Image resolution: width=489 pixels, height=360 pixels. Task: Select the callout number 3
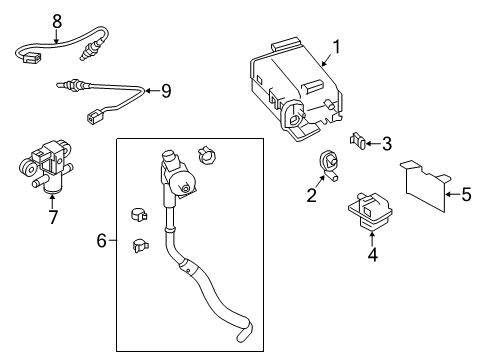(385, 144)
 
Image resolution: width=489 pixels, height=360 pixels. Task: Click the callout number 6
(102, 240)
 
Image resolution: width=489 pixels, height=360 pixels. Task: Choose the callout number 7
(53, 216)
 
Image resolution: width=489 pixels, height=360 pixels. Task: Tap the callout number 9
(165, 91)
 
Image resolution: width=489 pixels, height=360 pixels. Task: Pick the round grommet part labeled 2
(327, 161)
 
